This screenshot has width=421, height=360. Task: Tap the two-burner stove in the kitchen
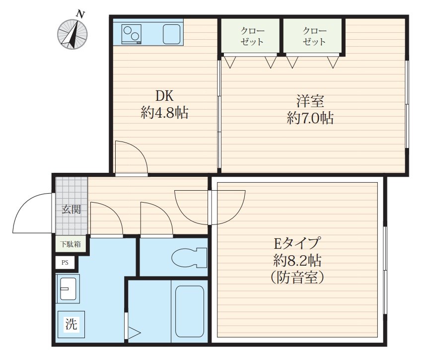[131, 34]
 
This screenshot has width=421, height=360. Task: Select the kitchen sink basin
[172, 34]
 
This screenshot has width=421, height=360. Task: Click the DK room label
[164, 96]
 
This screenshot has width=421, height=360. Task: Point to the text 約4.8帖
[164, 113]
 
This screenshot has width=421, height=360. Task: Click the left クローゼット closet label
[252, 36]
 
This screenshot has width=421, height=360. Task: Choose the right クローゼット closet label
[314, 36]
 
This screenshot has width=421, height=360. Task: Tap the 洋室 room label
[310, 101]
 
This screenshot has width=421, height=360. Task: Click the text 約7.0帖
[310, 118]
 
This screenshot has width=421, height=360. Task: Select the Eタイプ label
[296, 243]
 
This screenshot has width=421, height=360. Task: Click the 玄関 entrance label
[71, 209]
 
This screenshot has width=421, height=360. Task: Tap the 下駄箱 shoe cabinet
[70, 244]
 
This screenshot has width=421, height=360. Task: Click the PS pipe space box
[65, 263]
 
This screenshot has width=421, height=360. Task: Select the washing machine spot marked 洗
[71, 324]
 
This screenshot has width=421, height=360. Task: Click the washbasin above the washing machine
[68, 288]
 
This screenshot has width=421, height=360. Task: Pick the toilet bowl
[189, 258]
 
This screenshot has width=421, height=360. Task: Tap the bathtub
[190, 311]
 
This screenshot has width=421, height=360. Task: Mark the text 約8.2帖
[297, 260]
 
